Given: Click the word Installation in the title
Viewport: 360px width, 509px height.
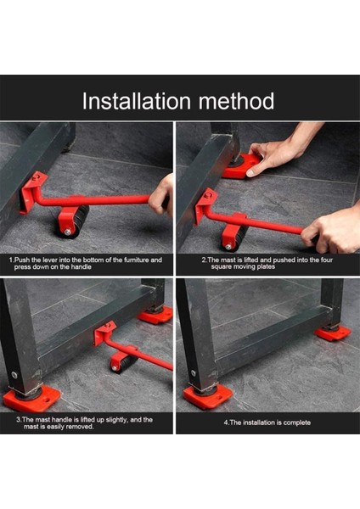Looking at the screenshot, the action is pos(136,101).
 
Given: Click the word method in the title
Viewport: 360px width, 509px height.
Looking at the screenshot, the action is pos(237,101).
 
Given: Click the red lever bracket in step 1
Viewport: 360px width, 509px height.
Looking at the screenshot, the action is pos(31,192).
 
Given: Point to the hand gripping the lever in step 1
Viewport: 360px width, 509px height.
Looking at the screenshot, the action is pos(161,195).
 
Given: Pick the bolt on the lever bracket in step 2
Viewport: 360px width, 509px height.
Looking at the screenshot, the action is pos(206,195).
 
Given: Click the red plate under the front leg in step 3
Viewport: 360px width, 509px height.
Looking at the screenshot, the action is pos(31,399).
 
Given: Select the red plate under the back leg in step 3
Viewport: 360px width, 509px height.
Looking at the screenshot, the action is pos(155,315).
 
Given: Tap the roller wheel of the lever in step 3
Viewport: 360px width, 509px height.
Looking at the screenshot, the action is pos(122,364).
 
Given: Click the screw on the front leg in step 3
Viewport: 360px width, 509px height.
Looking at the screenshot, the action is pos(14,375).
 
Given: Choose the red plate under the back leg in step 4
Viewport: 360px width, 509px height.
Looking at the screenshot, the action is pos(332,333).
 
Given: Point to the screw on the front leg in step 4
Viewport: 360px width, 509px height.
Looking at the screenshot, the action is pos(194,373).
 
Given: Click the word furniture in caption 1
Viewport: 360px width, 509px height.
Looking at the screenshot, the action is pos(133,260).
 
